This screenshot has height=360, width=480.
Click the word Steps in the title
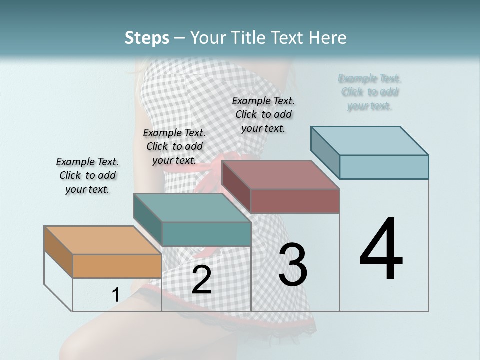coord(147,38)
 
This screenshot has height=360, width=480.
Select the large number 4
coord(381,250)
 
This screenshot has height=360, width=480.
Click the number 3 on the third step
coord(293,265)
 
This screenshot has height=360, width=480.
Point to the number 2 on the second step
coord(201,280)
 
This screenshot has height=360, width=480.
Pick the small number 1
coord(115,295)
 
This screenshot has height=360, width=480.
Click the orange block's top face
coord(102,240)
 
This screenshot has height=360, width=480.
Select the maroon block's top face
coord(280,175)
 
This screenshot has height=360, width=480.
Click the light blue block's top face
coord(369,141)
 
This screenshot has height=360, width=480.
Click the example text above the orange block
coord(87,175)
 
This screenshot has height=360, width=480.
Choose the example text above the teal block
coord(174,146)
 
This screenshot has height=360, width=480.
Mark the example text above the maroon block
coord(263,114)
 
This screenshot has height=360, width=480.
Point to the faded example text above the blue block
coord(370,92)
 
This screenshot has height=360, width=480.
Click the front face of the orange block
coord(117,266)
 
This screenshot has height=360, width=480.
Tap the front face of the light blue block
coord(384,167)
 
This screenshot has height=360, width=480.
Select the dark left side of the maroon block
coord(236,186)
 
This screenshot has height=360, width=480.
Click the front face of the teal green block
coord(206,234)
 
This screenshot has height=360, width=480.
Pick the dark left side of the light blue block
coord(325,152)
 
